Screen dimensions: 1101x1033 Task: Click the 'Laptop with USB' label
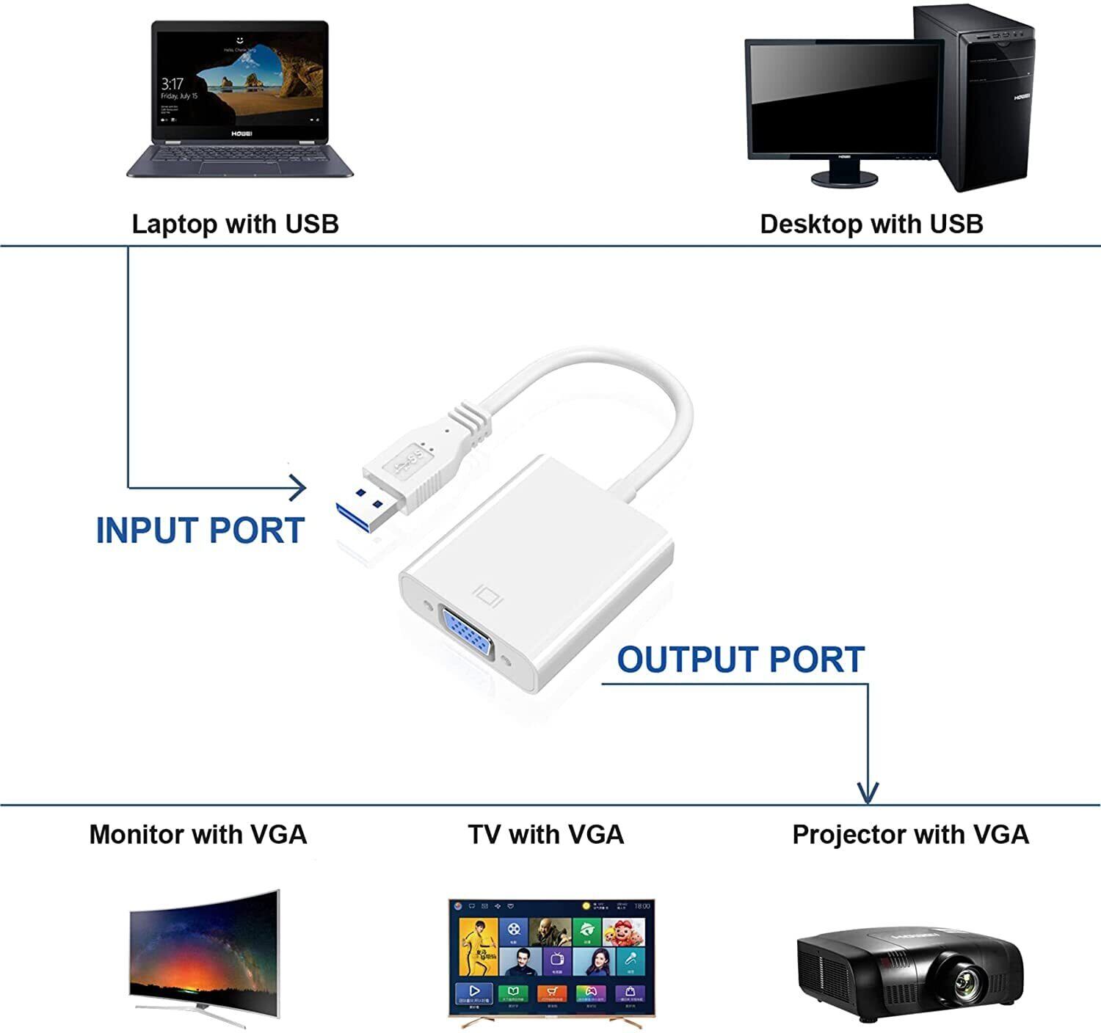pyautogui.click(x=235, y=224)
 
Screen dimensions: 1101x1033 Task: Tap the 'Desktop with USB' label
pyautogui.click(x=871, y=224)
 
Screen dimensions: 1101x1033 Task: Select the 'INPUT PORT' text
pyautogui.click(x=200, y=530)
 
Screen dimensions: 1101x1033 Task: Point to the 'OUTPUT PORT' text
pyautogui.click(x=740, y=660)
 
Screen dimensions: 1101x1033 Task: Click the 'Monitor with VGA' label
pyautogui.click(x=197, y=834)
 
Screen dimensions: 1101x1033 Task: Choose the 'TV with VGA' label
pyautogui.click(x=545, y=834)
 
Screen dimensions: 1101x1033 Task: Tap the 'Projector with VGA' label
pyautogui.click(x=910, y=834)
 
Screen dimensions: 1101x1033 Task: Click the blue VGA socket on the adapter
pyautogui.click(x=466, y=635)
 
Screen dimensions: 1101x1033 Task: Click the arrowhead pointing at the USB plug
pyautogui.click(x=299, y=487)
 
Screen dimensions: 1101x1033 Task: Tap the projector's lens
pyautogui.click(x=968, y=981)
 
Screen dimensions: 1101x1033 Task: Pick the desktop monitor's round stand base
pyautogui.click(x=844, y=178)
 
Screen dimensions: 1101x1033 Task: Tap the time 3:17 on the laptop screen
pyautogui.click(x=172, y=83)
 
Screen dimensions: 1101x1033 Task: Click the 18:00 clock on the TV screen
pyautogui.click(x=642, y=906)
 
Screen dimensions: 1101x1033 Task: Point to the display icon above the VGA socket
pyautogui.click(x=490, y=594)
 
